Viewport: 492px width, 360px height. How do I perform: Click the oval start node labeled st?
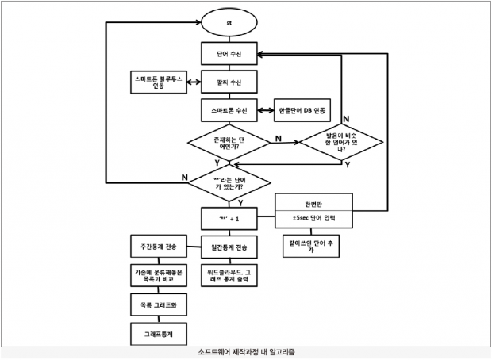[x=229, y=24]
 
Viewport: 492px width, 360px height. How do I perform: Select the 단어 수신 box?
[x=229, y=55]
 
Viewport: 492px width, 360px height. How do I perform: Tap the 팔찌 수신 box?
[x=229, y=82]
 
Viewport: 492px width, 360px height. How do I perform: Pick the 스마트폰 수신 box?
[x=229, y=108]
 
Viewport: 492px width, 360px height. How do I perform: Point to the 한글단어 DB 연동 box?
[x=302, y=108]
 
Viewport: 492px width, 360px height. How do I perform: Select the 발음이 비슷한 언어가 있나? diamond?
[x=341, y=143]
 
